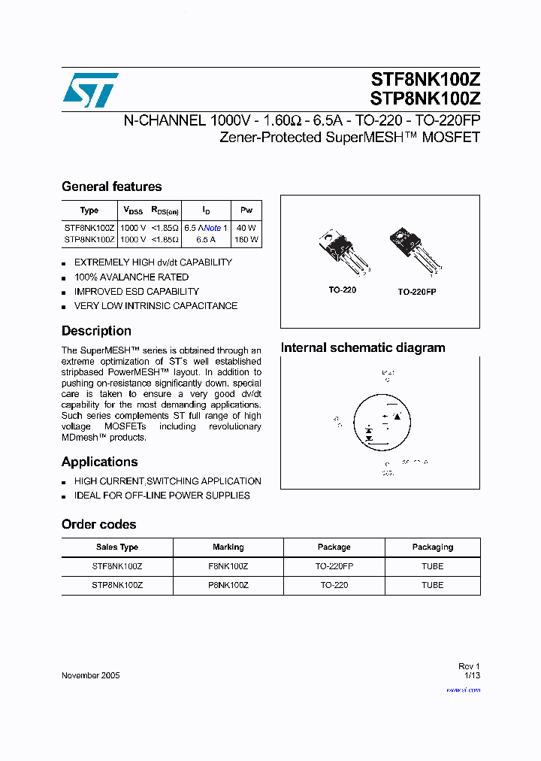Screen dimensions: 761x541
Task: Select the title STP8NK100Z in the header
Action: click(425, 98)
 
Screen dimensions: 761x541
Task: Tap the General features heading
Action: click(111, 186)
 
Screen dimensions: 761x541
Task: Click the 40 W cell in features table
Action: click(246, 227)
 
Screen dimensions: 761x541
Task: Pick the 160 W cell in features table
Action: click(246, 240)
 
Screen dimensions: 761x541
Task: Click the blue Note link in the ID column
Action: click(213, 227)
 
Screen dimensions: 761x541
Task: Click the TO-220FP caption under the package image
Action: click(416, 291)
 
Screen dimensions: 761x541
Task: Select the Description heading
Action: click(96, 331)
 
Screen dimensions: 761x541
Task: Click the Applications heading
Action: click(99, 462)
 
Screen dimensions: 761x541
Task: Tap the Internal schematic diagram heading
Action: click(363, 347)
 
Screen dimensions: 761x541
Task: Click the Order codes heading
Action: click(98, 524)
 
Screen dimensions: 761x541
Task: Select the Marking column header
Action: click(228, 547)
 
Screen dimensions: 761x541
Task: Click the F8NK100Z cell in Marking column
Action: click(228, 566)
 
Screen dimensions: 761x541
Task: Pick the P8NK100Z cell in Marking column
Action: click(228, 585)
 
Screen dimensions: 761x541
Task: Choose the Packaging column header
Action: click(432, 547)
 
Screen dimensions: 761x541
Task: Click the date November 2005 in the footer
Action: click(90, 675)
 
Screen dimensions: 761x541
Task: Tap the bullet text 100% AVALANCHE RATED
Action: click(131, 277)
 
